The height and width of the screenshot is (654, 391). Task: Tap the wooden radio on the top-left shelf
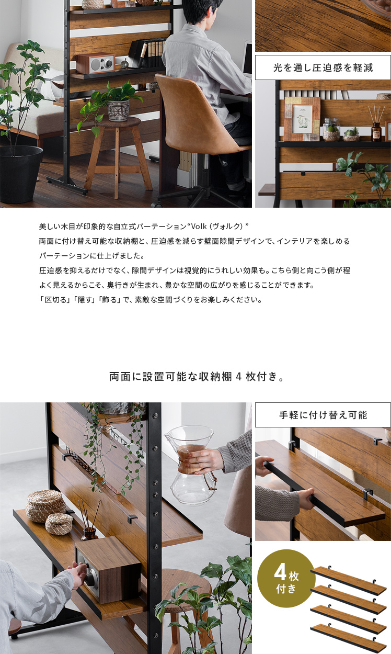(x=95, y=63)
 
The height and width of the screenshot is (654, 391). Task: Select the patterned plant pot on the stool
(x=118, y=110)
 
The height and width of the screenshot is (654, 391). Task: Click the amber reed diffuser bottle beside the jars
(x=376, y=132)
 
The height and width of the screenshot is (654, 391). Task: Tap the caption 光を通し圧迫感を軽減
(x=323, y=67)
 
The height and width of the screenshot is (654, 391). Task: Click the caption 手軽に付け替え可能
(x=323, y=415)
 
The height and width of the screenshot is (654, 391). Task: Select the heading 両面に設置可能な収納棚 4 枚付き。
(x=197, y=377)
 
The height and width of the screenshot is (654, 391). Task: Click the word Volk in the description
(x=199, y=226)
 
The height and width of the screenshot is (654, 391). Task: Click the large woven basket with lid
(x=45, y=506)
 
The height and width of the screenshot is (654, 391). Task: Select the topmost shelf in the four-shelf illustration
(x=349, y=577)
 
